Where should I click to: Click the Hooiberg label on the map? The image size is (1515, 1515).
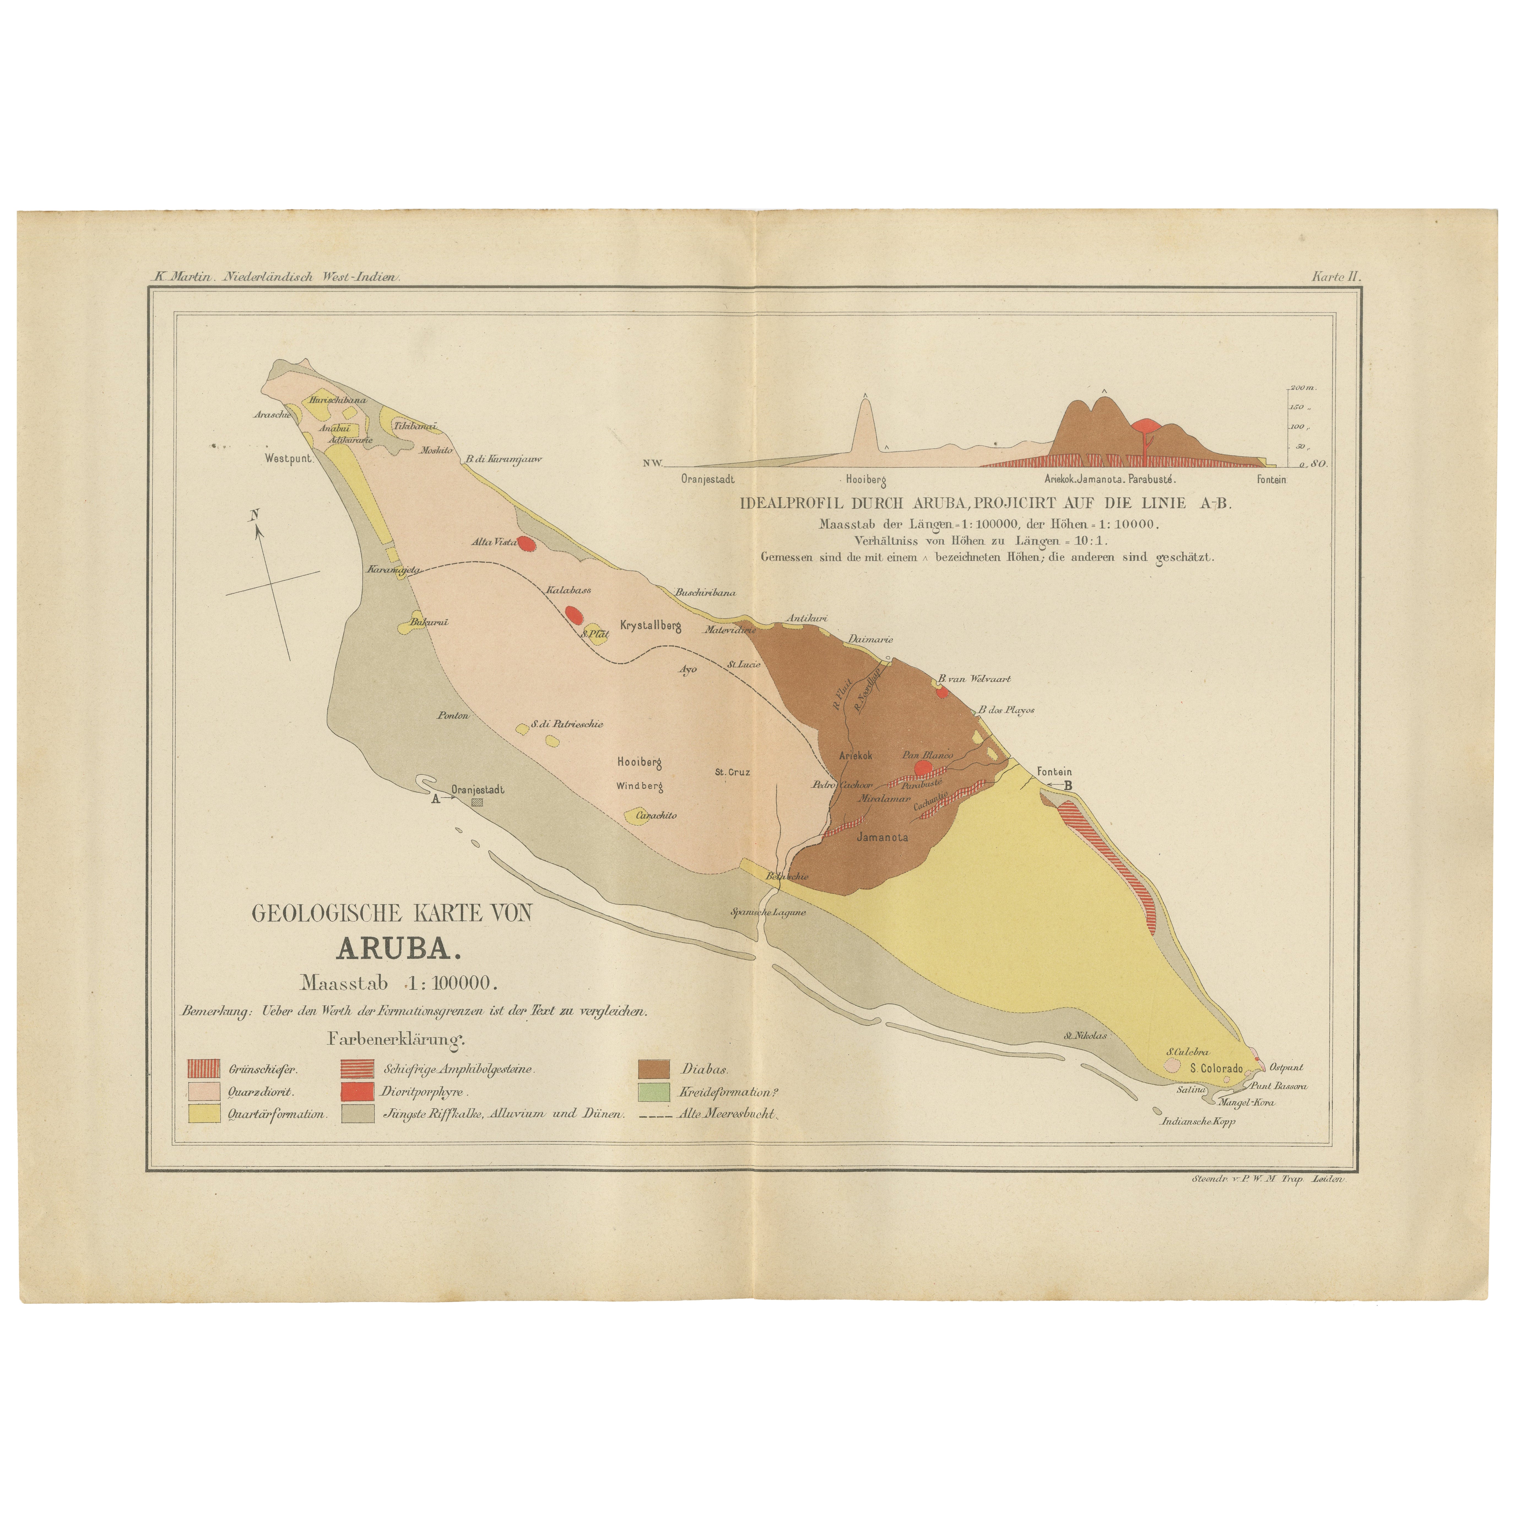coord(640,761)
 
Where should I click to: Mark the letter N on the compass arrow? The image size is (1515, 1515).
coord(254,515)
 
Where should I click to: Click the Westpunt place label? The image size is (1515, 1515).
coord(288,459)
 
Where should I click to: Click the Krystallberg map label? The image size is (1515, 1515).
coord(650,626)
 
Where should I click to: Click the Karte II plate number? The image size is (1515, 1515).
coord(1337,276)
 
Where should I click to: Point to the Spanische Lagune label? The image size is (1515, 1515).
coord(768,912)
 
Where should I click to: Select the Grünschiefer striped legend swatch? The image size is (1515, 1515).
coord(203,1069)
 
